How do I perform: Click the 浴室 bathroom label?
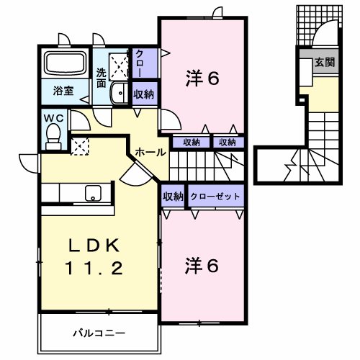coord(63,90)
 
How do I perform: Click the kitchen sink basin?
coord(93,192)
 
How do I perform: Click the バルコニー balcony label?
coord(99,333)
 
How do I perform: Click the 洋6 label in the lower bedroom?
coord(202,265)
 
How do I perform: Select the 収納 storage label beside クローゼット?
coord(173,196)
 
